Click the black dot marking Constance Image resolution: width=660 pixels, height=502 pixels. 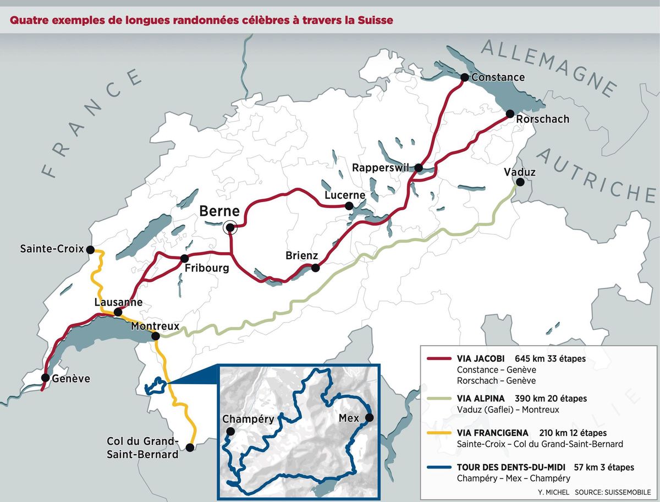coord(465,77)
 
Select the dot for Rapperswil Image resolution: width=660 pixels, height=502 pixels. coord(419,167)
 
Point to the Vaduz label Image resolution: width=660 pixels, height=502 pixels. coord(519,173)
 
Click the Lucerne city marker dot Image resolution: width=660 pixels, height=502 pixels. coord(349,206)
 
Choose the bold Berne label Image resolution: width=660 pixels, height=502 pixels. coord(219,211)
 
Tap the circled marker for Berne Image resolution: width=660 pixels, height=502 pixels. coord(230,227)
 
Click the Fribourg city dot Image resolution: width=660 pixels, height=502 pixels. coord(185,259)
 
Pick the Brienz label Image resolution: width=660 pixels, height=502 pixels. coord(302,256)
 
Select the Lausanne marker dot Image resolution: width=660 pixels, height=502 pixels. coord(118,313)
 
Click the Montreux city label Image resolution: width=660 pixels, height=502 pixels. coord(155,326)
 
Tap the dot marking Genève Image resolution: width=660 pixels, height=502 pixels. coord(45,378)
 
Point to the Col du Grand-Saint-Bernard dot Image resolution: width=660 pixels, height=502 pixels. coord(190,448)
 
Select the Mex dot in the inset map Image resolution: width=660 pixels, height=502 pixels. coord(370,418)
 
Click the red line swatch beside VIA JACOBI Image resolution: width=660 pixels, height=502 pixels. coord(439,358)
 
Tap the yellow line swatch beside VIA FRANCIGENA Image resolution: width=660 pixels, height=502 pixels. coord(439,433)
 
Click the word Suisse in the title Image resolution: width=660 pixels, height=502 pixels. coord(375,21)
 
